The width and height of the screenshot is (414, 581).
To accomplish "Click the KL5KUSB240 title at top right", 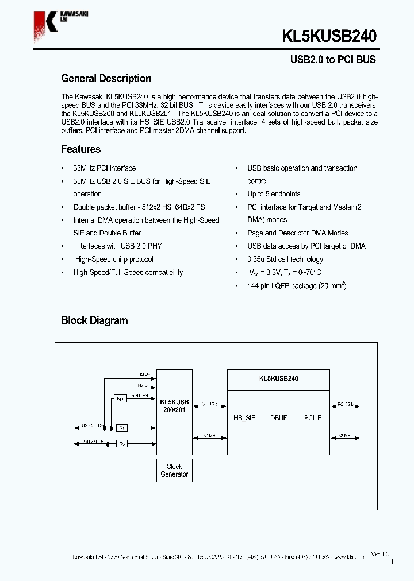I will pyautogui.click(x=329, y=37).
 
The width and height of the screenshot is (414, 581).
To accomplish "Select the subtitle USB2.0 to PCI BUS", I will pyautogui.click(x=332, y=60).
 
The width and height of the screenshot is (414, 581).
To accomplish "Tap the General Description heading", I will pyautogui.click(x=106, y=79).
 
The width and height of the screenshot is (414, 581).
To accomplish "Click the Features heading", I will pyautogui.click(x=81, y=149).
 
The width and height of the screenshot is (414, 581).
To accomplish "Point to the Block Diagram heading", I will pyautogui.click(x=94, y=320).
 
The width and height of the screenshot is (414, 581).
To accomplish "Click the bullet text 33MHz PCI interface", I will pyautogui.click(x=105, y=168).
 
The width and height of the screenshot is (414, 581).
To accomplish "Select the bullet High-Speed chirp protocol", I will pyautogui.click(x=114, y=259).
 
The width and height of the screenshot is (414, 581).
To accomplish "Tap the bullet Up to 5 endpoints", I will pyautogui.click(x=274, y=194).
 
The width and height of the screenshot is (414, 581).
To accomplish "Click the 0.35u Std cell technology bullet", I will pyautogui.click(x=285, y=259).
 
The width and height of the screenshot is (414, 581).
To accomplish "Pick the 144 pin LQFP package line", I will pyautogui.click(x=297, y=285).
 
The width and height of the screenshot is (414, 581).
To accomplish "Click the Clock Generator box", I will pyautogui.click(x=174, y=470).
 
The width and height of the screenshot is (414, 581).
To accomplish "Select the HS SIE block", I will pyautogui.click(x=244, y=418).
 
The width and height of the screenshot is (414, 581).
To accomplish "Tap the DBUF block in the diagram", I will pyautogui.click(x=278, y=418).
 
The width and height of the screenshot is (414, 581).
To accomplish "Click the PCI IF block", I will pyautogui.click(x=313, y=418).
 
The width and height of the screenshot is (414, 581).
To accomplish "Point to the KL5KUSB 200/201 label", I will pyautogui.click(x=174, y=406).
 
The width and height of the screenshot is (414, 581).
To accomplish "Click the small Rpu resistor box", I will pyautogui.click(x=120, y=398).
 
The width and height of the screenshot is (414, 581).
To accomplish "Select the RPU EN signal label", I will pyautogui.click(x=140, y=396).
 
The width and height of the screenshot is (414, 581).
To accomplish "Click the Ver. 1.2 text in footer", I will pyautogui.click(x=379, y=554).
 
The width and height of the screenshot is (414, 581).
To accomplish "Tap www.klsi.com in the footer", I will pyautogui.click(x=352, y=557).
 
